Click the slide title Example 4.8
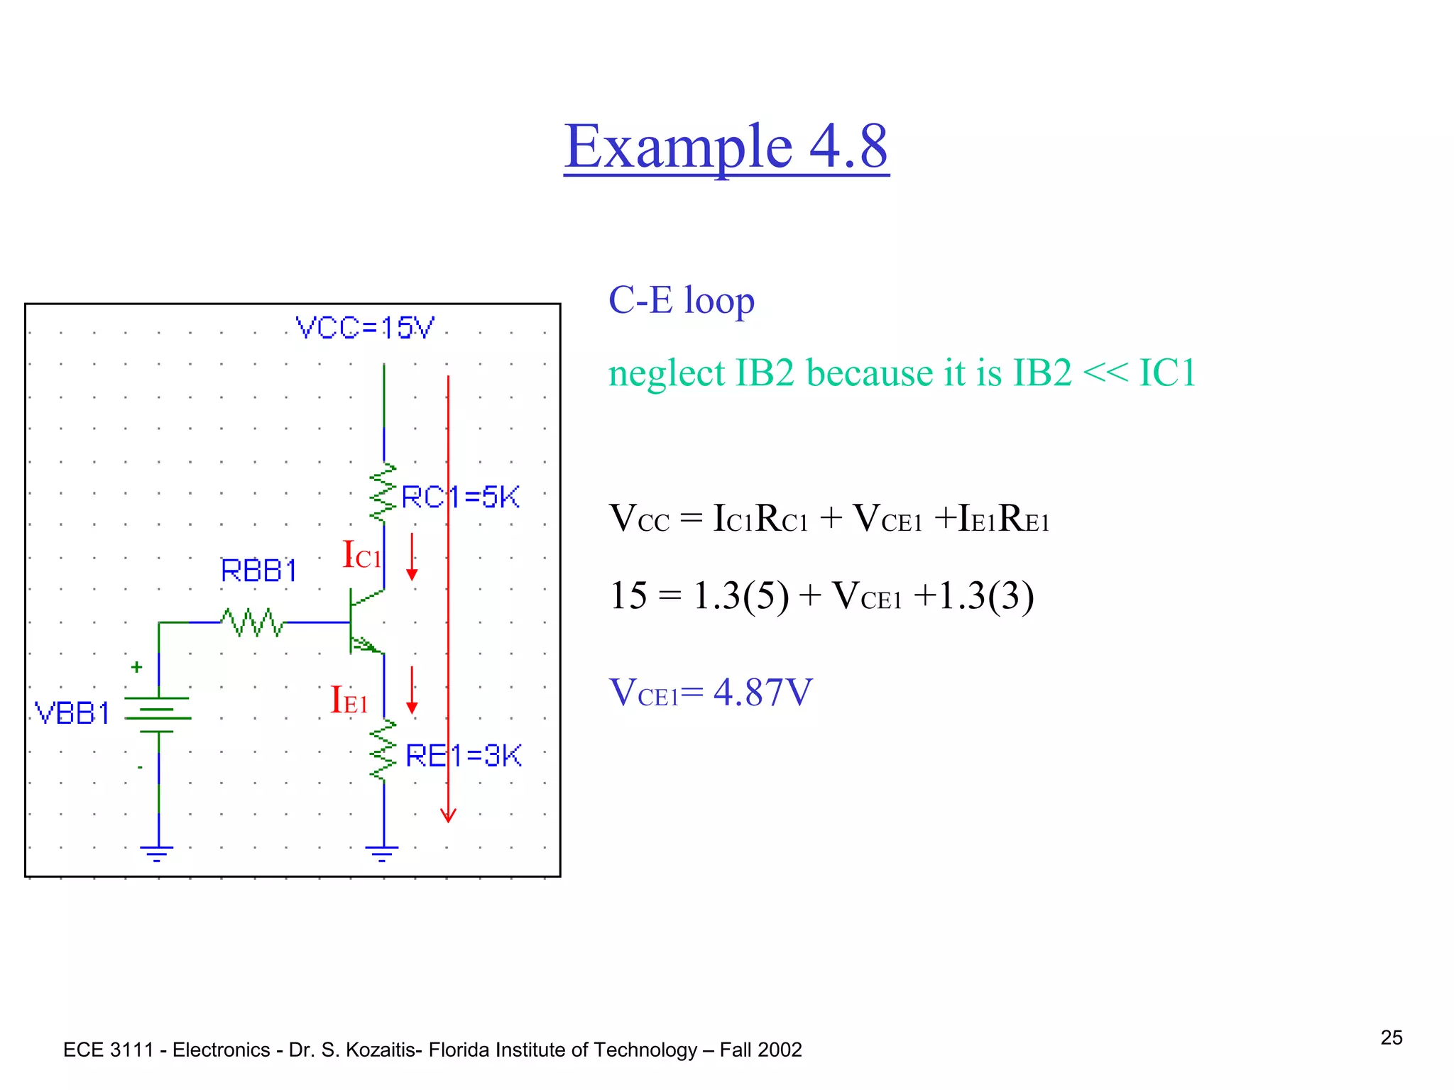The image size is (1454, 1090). coord(726,146)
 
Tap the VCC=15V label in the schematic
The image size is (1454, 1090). coord(364,328)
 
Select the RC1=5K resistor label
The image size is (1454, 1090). coord(460,497)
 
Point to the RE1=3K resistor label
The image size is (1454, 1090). coord(463,756)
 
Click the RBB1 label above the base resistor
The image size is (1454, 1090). coord(258,571)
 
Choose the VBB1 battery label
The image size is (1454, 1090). coord(72,713)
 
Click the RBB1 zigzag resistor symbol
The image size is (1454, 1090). coord(252,622)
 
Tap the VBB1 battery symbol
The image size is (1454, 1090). coord(158,714)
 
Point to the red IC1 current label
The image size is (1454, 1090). coord(361,555)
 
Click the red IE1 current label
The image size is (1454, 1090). coord(349,700)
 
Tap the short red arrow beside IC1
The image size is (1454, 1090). coord(412,558)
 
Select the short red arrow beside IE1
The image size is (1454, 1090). coord(412,690)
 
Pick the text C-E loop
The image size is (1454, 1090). coord(681,300)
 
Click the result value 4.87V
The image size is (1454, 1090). coord(762,692)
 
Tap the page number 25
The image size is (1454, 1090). coord(1391,1037)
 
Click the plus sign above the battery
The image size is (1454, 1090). coord(136,667)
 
